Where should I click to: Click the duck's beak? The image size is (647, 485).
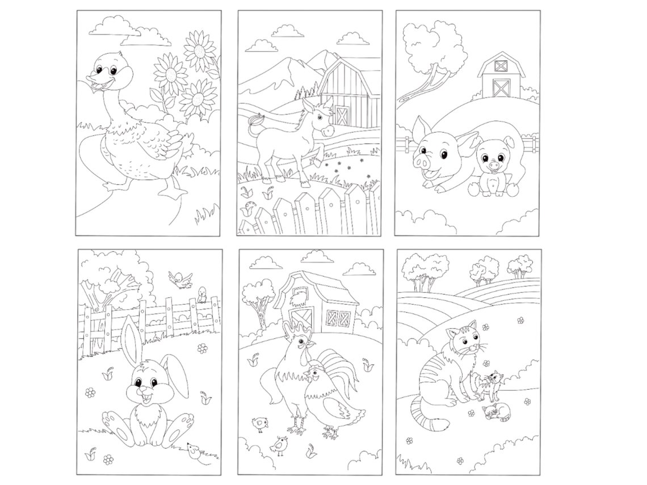point(95,84)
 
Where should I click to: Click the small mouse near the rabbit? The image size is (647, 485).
point(194,450)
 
